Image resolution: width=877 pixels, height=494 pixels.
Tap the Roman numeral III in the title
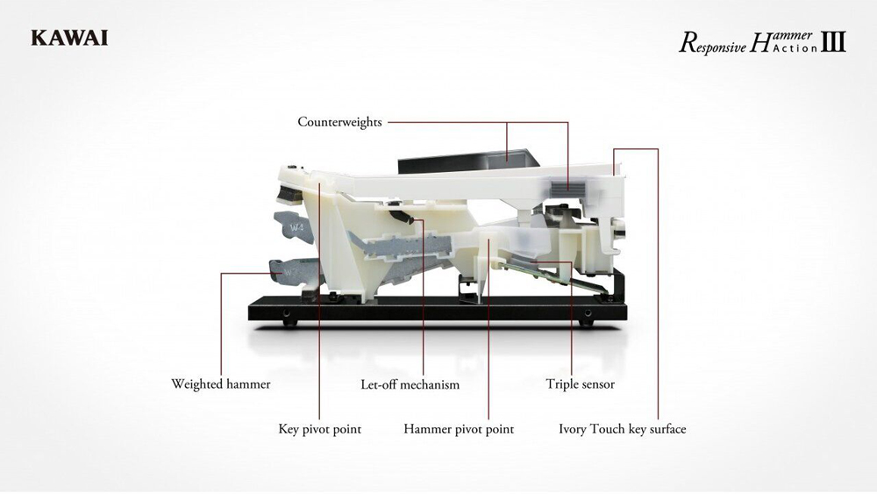834,41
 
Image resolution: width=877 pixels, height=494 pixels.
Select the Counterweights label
339,122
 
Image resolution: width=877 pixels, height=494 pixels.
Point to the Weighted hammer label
220,383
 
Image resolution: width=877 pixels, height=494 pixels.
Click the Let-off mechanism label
410,384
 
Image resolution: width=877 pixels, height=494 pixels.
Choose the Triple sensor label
580,383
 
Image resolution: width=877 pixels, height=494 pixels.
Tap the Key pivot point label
319,429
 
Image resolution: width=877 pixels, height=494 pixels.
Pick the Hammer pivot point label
458,429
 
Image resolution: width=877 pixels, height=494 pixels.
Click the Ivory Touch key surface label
622,429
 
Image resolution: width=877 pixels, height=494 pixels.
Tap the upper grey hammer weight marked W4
296,227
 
